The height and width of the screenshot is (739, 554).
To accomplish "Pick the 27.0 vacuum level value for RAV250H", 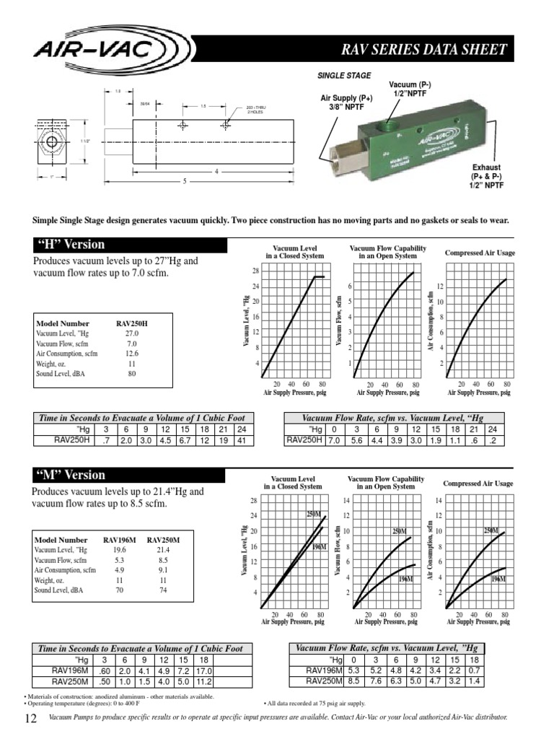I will point(132,333).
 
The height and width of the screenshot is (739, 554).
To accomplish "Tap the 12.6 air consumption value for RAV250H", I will point(132,354).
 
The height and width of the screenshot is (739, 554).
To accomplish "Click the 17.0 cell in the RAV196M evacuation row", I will point(203,670).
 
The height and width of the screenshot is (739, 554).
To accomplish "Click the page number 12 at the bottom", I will point(30,718).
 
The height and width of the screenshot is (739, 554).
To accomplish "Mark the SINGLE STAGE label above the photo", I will point(344,75).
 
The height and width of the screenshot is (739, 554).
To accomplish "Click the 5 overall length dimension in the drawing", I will point(184,181).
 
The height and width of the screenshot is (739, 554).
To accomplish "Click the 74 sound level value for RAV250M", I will point(162,590).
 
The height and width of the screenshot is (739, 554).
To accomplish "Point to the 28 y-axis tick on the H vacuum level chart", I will point(255,271).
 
